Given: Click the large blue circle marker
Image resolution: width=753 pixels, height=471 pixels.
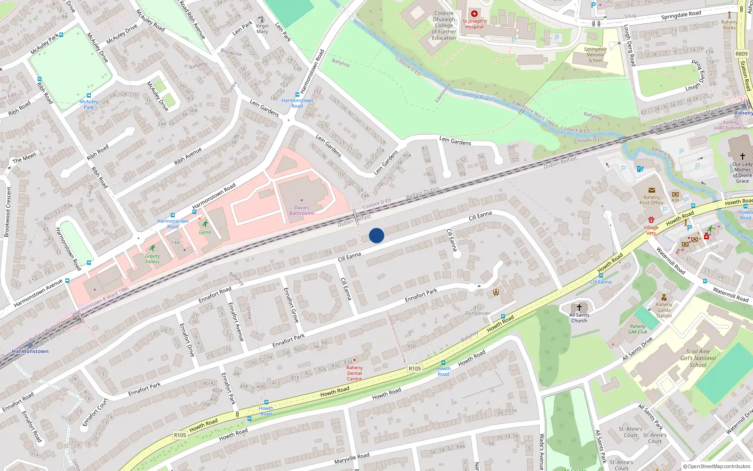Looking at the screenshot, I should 376,235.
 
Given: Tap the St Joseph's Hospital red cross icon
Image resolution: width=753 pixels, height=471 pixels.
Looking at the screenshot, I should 474,14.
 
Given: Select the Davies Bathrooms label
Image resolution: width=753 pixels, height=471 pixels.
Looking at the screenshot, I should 302,211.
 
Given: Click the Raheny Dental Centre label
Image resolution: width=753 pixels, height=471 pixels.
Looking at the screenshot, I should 354,373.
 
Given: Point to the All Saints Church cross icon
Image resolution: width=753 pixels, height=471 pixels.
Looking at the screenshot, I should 579,307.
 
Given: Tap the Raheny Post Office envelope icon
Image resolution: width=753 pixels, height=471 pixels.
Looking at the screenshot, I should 652,191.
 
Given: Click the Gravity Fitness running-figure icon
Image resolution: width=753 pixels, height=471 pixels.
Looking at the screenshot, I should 152,248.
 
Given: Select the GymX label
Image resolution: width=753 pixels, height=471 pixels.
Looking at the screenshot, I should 205,232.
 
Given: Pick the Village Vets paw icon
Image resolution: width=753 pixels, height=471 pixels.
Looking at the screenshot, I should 651,220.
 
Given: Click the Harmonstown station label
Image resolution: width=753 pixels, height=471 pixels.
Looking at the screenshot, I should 30,351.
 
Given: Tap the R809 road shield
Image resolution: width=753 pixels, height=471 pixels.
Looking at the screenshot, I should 742,54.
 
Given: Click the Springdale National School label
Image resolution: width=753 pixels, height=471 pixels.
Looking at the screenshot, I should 595,55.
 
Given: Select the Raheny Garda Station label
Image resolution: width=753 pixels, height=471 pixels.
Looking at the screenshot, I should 664,310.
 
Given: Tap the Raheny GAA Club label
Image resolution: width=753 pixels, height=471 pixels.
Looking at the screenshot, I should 638,329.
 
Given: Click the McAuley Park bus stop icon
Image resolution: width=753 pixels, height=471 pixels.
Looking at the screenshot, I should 89,96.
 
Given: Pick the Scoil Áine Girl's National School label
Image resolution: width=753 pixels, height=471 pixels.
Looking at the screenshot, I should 698,358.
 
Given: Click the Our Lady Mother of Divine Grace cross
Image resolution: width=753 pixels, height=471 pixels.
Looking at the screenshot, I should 742,156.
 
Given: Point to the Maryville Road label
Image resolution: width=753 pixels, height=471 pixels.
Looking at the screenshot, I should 352,458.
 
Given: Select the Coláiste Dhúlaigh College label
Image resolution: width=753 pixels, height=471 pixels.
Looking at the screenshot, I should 444,25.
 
